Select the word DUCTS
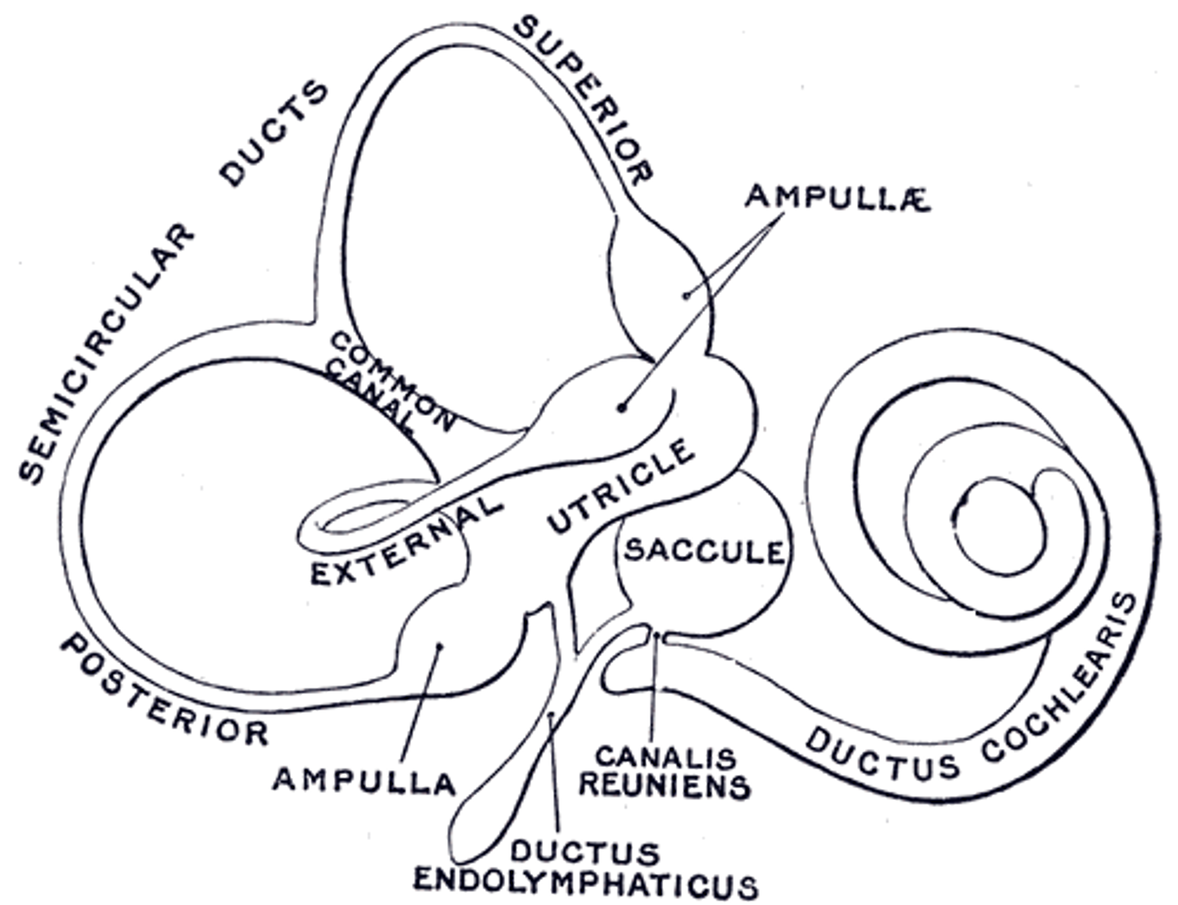pyautogui.click(x=273, y=133)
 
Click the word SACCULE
pyautogui.click(x=704, y=551)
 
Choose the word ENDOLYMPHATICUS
pyautogui.click(x=585, y=884)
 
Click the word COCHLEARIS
pyautogui.click(x=1060, y=678)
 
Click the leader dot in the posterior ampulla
pyautogui.click(x=439, y=646)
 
